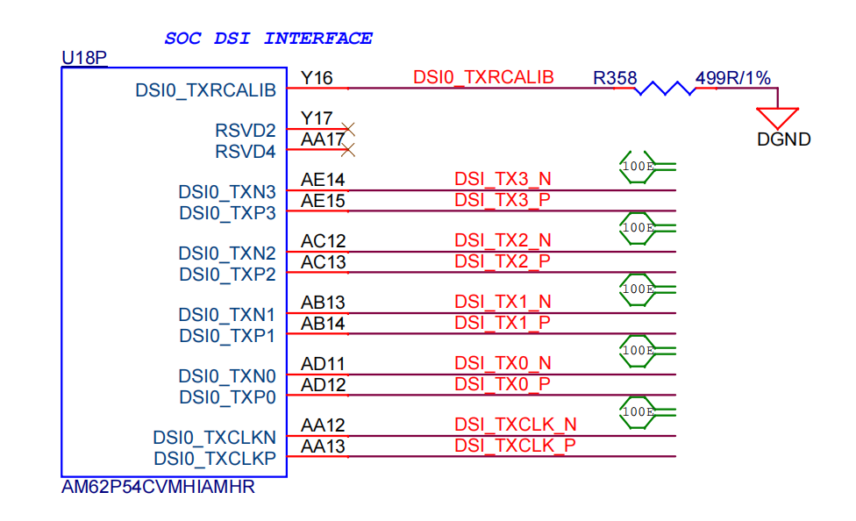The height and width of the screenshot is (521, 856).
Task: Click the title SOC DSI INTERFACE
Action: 268,39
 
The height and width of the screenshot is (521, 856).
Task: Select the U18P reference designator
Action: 84,57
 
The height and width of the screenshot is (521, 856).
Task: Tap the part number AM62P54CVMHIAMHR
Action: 158,487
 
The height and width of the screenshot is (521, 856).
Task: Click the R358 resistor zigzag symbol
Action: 665,88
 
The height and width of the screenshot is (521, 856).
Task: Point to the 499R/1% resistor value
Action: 732,78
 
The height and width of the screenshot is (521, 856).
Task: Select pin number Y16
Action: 317,78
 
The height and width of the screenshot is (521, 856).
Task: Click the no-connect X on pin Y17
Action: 347,130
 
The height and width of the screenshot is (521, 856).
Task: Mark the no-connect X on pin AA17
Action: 347,150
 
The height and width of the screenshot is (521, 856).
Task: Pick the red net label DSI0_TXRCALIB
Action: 483,77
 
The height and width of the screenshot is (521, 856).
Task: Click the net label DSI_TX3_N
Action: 503,179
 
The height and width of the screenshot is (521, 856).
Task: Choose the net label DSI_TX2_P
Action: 503,261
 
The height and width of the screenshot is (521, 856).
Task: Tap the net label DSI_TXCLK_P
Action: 516,446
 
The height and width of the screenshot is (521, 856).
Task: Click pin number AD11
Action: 323,364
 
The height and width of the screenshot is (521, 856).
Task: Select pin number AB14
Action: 323,324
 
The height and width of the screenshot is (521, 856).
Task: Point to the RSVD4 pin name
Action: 245,151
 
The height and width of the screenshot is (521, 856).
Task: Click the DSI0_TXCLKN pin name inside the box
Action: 214,438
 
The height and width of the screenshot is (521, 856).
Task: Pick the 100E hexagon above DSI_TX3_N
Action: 637,167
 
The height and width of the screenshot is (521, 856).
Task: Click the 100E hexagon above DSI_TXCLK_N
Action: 637,412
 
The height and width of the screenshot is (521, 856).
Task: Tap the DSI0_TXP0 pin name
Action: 227,397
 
